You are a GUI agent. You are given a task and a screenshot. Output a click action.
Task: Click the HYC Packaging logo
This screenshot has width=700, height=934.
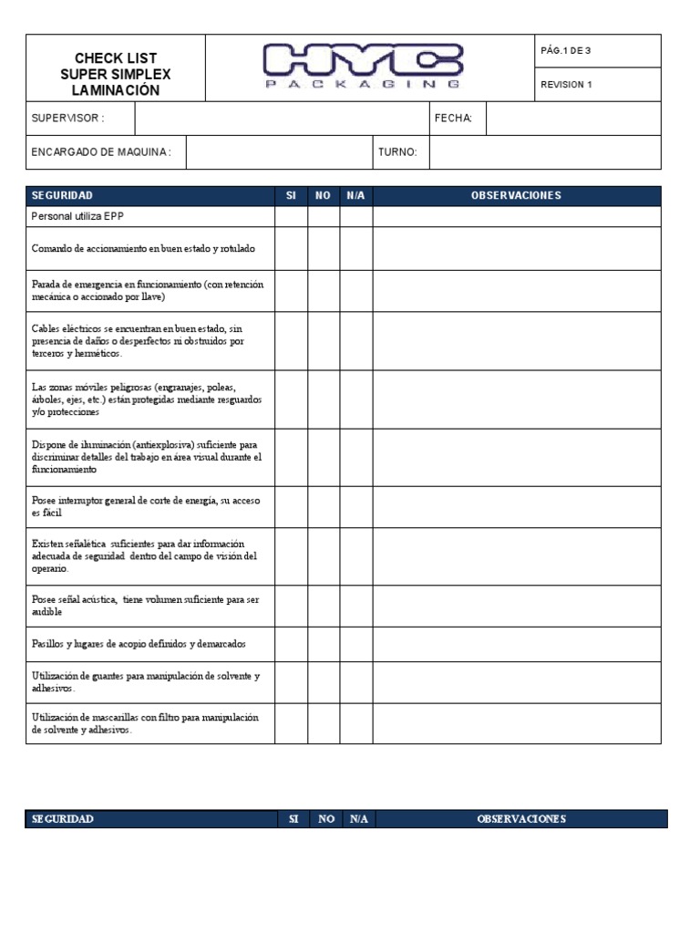[x=362, y=67]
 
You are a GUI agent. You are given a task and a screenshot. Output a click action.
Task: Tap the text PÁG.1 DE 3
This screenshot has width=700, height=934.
[x=566, y=51]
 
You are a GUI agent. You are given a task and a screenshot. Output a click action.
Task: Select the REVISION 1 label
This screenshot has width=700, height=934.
[x=566, y=85]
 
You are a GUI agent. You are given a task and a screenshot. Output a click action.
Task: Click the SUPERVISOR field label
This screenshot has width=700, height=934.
[x=67, y=119]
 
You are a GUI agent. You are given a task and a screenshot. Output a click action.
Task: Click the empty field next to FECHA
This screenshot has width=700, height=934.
[x=573, y=119]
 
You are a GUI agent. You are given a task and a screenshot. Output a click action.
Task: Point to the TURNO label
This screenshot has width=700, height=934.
[x=397, y=152]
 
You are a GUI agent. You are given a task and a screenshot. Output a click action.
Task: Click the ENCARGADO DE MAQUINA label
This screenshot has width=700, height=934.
[x=100, y=152]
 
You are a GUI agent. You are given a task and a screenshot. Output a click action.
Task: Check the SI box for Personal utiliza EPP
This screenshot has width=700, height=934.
[x=291, y=216]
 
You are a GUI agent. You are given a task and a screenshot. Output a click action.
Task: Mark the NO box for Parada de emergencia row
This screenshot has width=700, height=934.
[x=324, y=290]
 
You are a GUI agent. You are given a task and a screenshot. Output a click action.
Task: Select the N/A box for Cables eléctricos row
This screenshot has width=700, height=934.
[x=356, y=340]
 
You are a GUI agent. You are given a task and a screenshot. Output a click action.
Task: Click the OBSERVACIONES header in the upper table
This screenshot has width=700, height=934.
[x=516, y=196]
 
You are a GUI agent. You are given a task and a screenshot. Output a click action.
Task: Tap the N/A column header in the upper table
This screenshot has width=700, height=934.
[x=356, y=196]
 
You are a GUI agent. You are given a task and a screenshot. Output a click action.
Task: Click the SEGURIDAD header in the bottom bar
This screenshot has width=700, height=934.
[x=62, y=819]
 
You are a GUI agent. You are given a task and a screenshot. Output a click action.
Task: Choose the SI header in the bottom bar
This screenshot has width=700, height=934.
[x=293, y=819]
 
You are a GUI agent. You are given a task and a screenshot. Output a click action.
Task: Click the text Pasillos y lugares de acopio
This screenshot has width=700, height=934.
[x=139, y=644]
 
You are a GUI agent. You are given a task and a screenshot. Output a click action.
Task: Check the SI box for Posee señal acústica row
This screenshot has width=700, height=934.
[x=291, y=606]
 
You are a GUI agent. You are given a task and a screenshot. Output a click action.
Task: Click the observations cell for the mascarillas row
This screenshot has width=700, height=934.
[x=516, y=723]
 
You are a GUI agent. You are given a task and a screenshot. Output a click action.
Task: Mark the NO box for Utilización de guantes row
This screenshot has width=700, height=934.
[x=324, y=682]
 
